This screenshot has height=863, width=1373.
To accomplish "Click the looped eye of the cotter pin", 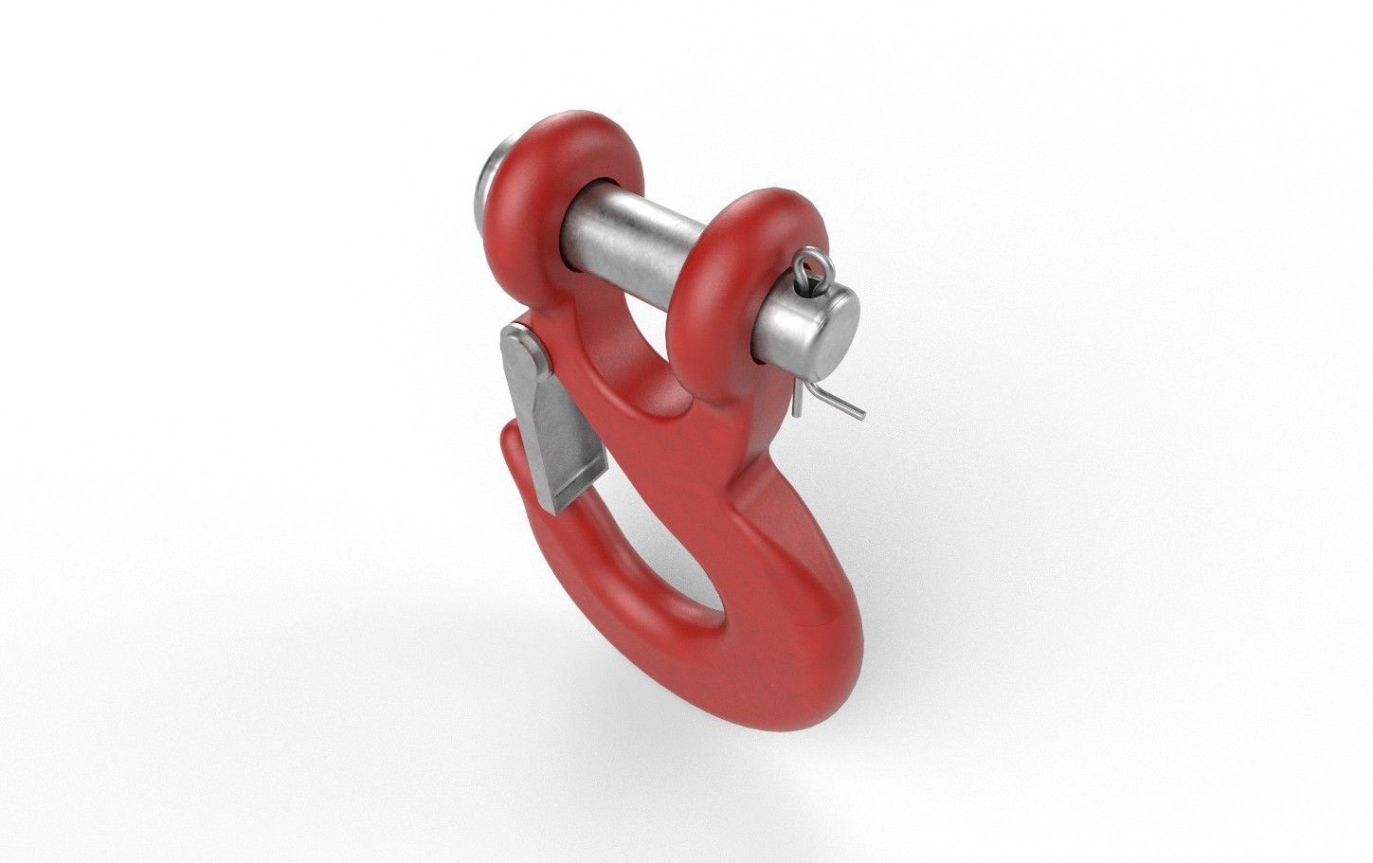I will pyautogui.click(x=805, y=271).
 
